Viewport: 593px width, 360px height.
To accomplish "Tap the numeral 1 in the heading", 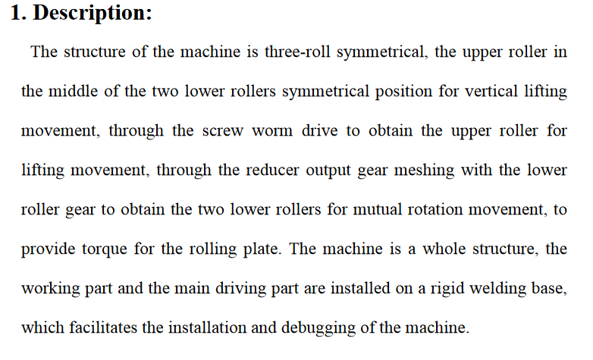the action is click(16, 12).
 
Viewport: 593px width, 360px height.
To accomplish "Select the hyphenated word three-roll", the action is click(297, 52).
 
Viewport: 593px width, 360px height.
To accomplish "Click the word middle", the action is click(73, 91).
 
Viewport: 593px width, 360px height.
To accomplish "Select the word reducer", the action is click(272, 170).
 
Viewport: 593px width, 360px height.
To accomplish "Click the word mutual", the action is click(377, 209).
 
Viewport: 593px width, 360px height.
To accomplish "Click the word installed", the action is click(360, 288).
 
